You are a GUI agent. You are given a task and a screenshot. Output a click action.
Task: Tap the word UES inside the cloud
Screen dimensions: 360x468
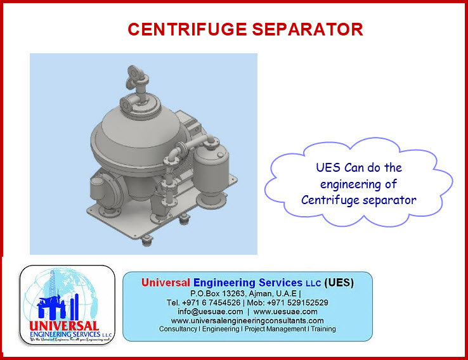click(x=328, y=169)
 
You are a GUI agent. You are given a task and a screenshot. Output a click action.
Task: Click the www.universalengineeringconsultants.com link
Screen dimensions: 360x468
click(x=247, y=321)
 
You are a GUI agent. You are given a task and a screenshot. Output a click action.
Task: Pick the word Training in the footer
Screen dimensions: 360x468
click(x=322, y=330)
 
